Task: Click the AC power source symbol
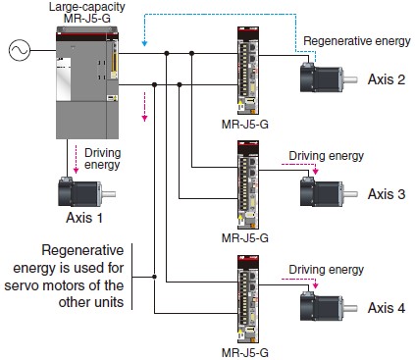pos(20,50)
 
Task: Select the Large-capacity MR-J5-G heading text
pos(87,13)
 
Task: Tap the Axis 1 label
pos(84,218)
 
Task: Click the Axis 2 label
pos(387,79)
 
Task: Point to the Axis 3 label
pos(387,194)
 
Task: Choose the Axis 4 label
pos(387,308)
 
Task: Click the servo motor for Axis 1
pos(86,192)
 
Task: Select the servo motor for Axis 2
pos(329,77)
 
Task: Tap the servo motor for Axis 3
pos(329,192)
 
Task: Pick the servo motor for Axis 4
pos(329,306)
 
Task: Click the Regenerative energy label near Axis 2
pos(357,41)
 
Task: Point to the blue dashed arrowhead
pos(144,43)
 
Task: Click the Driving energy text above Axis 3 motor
pos(326,156)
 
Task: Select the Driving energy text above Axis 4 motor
pos(326,270)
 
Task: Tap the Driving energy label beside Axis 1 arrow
pos(102,159)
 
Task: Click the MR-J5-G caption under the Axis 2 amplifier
pos(245,125)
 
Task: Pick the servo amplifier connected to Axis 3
pos(248,185)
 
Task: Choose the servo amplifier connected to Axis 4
pos(248,299)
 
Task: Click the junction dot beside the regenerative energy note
pos(154,277)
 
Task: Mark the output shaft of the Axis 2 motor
pos(350,79)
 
